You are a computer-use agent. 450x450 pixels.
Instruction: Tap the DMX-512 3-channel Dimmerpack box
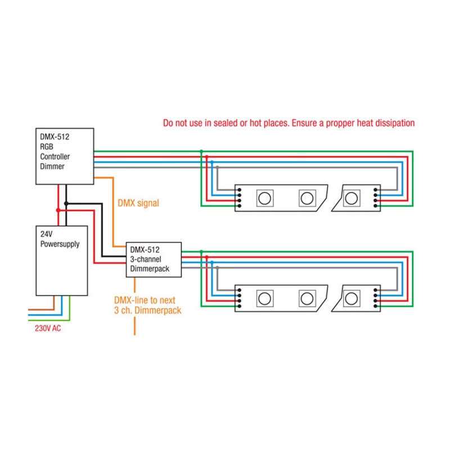pyautogui.click(x=154, y=259)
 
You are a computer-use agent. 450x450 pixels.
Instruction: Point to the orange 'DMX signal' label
pyautogui.click(x=138, y=203)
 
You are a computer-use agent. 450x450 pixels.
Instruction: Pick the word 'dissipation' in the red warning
pyautogui.click(x=391, y=123)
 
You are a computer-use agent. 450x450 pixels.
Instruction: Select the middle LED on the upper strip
pyautogui.click(x=307, y=198)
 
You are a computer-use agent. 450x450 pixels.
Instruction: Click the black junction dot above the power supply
pyautogui.click(x=66, y=203)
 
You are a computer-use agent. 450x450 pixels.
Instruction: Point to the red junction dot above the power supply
pyautogui.click(x=58, y=210)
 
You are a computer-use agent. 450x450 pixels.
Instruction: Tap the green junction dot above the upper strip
pyautogui.click(x=201, y=151)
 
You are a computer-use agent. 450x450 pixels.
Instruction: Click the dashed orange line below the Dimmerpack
pyautogui.click(x=135, y=323)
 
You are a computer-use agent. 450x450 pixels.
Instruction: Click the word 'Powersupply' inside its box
pyautogui.click(x=60, y=244)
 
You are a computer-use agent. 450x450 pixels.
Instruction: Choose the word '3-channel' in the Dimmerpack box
pyautogui.click(x=146, y=259)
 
